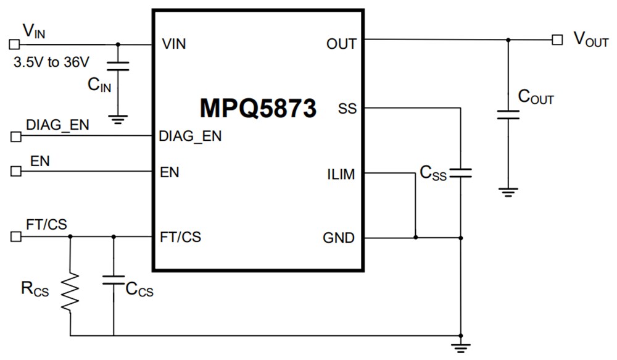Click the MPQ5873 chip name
(258, 108)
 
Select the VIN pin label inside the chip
(173, 44)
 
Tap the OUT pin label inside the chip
(342, 44)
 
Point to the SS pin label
(347, 109)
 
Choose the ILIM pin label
(341, 174)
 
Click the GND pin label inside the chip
(339, 238)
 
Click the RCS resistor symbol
(70, 293)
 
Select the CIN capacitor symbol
(117, 66)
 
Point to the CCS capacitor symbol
(114, 281)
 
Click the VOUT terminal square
(557, 40)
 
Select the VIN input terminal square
(14, 44)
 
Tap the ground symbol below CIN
(117, 119)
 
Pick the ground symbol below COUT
(508, 192)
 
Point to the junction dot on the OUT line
(508, 40)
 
